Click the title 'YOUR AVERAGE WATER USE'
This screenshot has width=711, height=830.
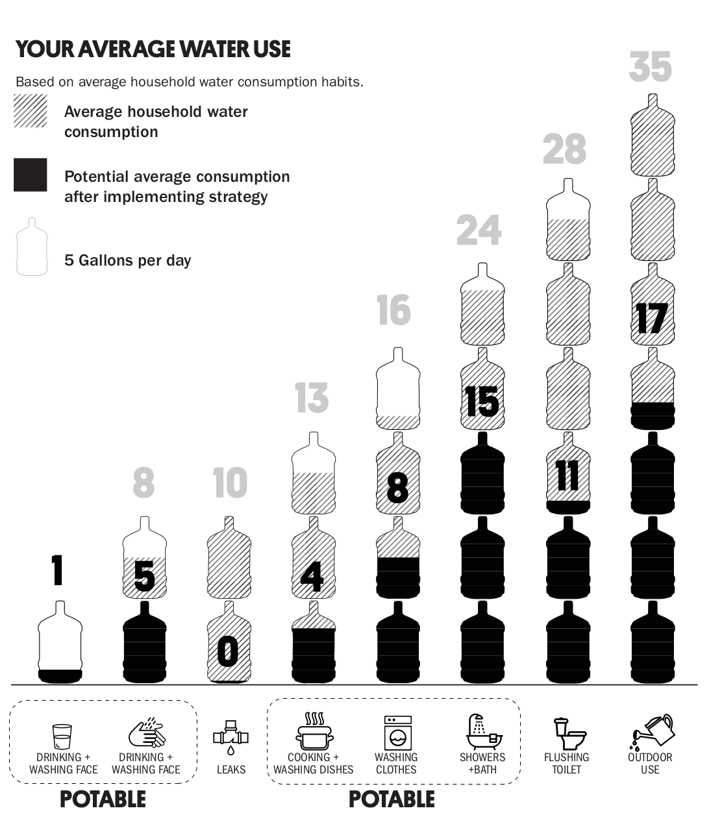click(x=153, y=49)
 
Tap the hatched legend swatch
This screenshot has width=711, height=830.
click(x=31, y=111)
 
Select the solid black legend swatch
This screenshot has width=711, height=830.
click(x=31, y=175)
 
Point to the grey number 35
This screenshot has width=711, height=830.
click(x=650, y=67)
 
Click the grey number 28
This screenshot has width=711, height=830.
click(x=564, y=149)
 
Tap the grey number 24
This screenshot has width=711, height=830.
click(x=479, y=230)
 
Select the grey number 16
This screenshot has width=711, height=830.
click(x=394, y=310)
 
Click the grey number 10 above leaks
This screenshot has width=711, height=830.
click(x=230, y=483)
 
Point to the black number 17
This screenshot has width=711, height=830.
click(x=652, y=318)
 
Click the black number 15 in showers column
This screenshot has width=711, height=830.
click(x=482, y=401)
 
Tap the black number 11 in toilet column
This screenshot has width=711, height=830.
click(x=568, y=476)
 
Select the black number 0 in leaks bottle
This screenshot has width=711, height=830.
click(x=228, y=651)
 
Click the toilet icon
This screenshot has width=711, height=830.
click(x=569, y=733)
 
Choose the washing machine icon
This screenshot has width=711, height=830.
click(x=397, y=734)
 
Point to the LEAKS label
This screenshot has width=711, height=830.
click(x=231, y=770)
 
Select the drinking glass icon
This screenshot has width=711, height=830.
click(x=62, y=736)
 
